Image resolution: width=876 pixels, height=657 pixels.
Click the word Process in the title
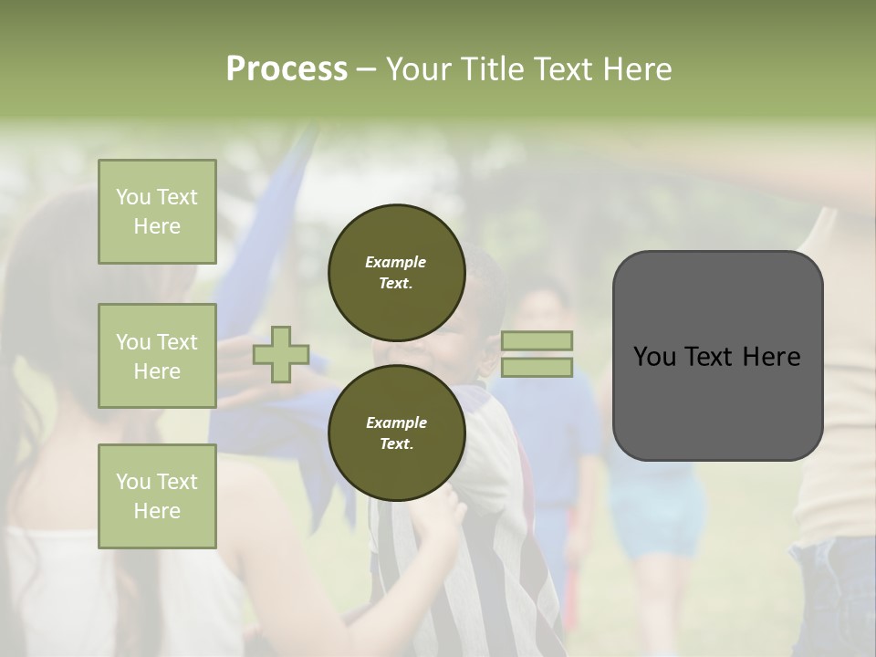(287, 69)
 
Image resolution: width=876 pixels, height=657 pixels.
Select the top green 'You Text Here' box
(157, 212)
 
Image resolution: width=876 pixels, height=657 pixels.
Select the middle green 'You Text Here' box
(157, 356)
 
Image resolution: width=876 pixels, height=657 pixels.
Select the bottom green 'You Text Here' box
(157, 495)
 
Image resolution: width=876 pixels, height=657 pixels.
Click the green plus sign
(281, 355)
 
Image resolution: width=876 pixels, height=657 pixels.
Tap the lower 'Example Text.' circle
(396, 433)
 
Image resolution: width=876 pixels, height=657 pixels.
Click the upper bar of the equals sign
(537, 340)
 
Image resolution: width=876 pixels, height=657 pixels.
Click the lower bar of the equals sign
(537, 368)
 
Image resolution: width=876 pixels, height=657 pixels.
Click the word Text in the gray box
(715, 357)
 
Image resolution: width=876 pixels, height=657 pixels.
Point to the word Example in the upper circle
(396, 262)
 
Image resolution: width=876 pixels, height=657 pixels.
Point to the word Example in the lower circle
(396, 422)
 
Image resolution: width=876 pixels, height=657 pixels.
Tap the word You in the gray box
(654, 357)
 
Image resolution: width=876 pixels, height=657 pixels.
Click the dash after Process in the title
(366, 69)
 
